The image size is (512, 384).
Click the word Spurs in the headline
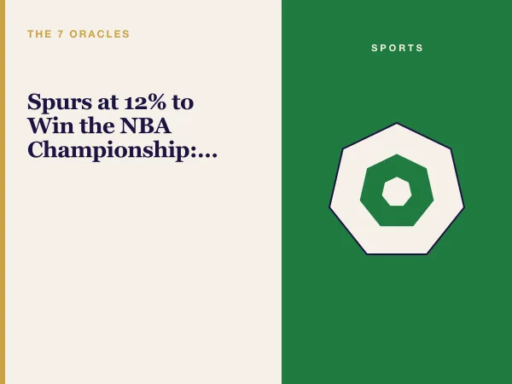click(x=60, y=102)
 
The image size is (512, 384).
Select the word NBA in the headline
click(x=146, y=125)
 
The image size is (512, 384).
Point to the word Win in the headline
click(x=50, y=125)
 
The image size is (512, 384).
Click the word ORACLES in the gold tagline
click(x=100, y=34)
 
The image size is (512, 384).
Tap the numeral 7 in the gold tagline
click(x=61, y=34)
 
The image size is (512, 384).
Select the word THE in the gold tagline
click(x=39, y=34)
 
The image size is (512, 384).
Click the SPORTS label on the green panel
click(x=397, y=48)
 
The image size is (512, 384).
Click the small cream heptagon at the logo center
click(x=397, y=192)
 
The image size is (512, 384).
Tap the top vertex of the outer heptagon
click(x=397, y=123)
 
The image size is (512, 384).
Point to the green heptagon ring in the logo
click(x=371, y=196)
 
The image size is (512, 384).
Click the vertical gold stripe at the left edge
click(x=3, y=192)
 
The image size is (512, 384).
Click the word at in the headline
click(x=108, y=102)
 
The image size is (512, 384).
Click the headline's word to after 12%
click(x=183, y=102)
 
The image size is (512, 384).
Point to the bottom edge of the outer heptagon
click(x=397, y=253)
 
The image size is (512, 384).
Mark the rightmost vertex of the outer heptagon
click(x=464, y=207)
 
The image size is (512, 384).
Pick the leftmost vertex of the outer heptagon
click(x=329, y=207)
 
